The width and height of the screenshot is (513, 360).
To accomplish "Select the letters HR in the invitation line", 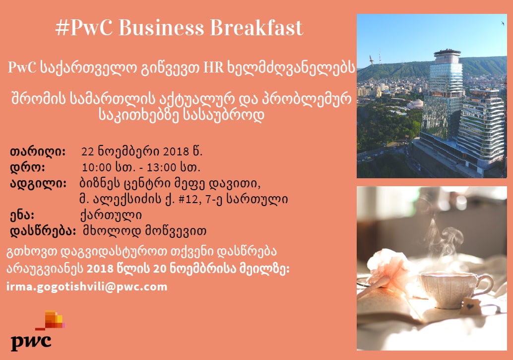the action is [214, 68].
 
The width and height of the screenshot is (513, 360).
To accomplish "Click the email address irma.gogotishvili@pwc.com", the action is [87, 287].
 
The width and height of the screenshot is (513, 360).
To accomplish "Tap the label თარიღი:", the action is [38, 152].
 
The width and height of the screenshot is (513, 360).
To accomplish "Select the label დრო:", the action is [27, 168].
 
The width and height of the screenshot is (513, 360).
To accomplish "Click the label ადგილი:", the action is [38, 183].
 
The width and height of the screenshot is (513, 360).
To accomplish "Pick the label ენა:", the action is [22, 215].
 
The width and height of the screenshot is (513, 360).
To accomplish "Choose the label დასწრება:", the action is [43, 231].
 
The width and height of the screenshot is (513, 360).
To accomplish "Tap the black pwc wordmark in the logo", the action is [31, 342].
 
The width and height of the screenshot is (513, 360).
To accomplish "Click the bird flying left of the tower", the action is [372, 60].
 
